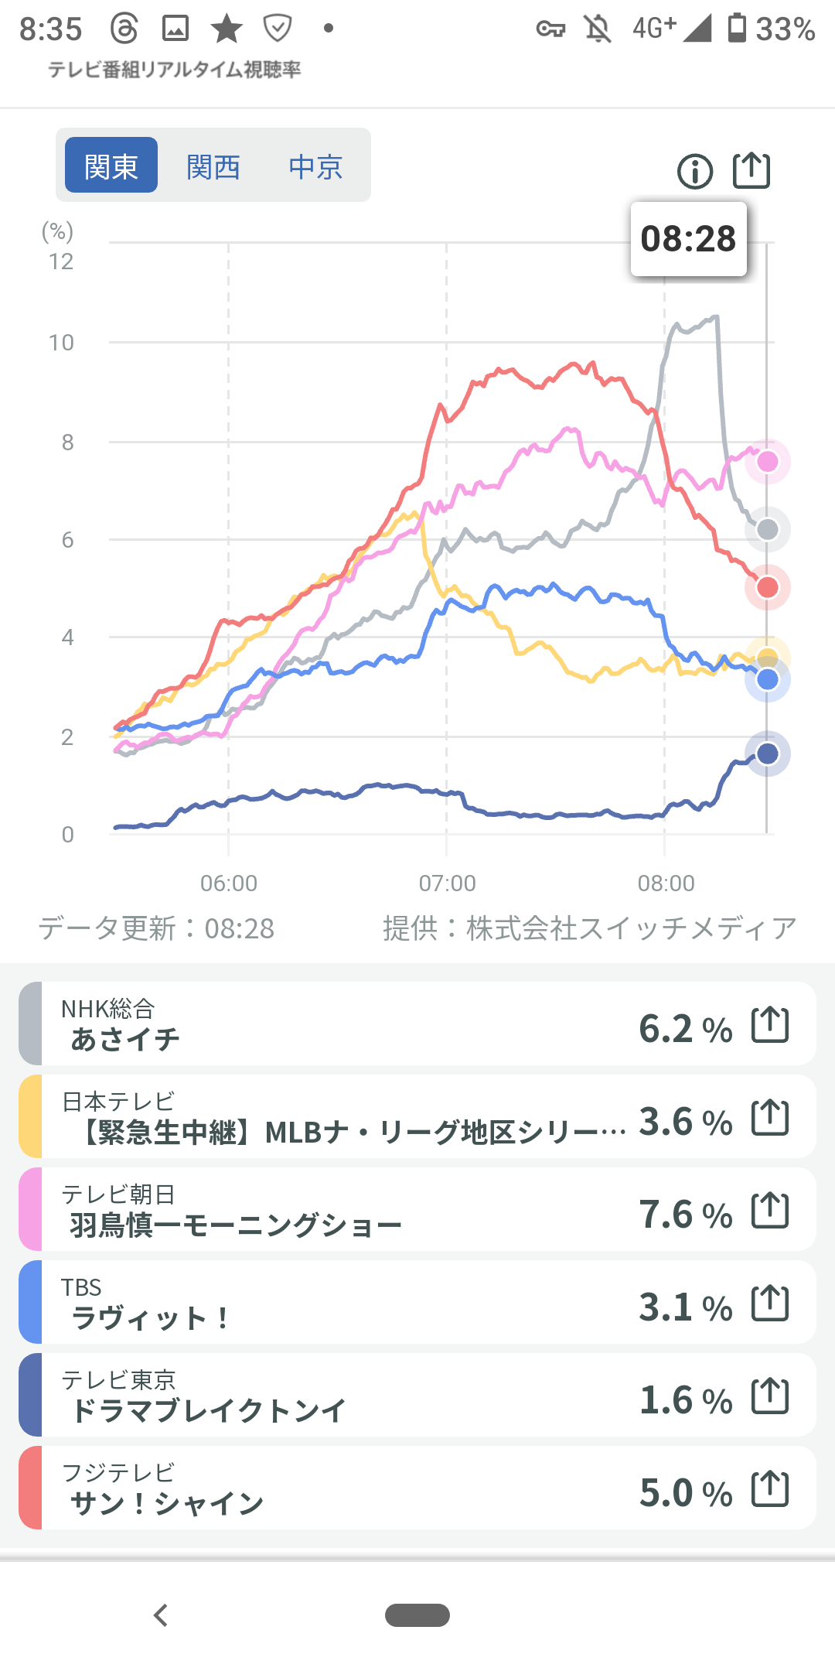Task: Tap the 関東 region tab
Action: (111, 166)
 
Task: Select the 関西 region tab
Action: (213, 166)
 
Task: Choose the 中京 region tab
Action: (315, 166)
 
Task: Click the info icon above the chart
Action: (695, 171)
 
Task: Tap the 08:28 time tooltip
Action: (688, 238)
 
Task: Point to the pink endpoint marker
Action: (768, 462)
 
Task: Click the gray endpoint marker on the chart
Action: (768, 530)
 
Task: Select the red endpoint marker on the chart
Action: (768, 587)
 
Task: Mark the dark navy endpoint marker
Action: (768, 753)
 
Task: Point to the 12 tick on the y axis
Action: (61, 262)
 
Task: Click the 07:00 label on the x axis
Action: (448, 883)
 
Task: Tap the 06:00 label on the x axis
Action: (229, 883)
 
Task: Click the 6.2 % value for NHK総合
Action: (685, 1029)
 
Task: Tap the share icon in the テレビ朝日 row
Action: (770, 1211)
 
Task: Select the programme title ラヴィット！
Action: (151, 1317)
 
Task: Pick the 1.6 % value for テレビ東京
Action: (685, 1400)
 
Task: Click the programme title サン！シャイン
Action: (167, 1503)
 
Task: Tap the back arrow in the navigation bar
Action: (161, 1615)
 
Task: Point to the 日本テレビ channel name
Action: (118, 1101)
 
